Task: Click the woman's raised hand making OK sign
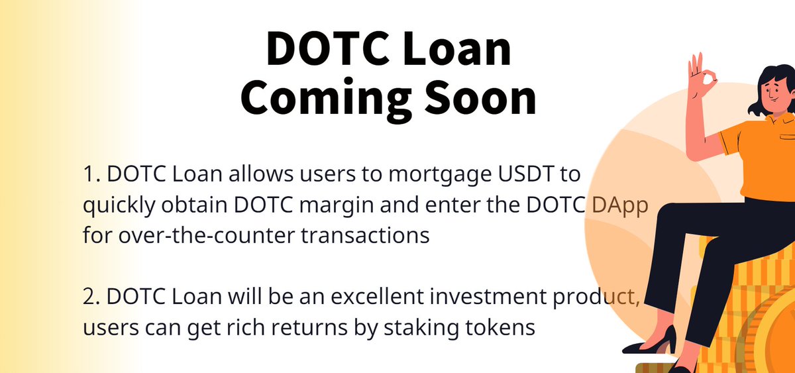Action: pos(702,80)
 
